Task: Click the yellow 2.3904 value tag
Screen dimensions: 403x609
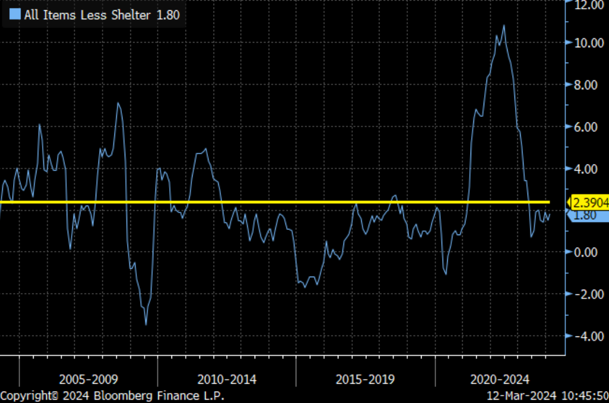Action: [x=590, y=202]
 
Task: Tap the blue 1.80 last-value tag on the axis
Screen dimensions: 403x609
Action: [x=587, y=215]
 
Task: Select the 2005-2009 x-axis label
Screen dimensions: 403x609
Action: [x=88, y=379]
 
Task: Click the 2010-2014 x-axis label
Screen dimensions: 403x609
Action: [x=227, y=379]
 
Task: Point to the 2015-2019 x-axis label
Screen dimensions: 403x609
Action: [x=365, y=379]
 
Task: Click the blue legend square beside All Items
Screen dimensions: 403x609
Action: [x=16, y=15]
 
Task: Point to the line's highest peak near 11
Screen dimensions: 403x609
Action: [x=504, y=25]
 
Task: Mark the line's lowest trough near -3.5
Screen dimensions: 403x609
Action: [x=146, y=324]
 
